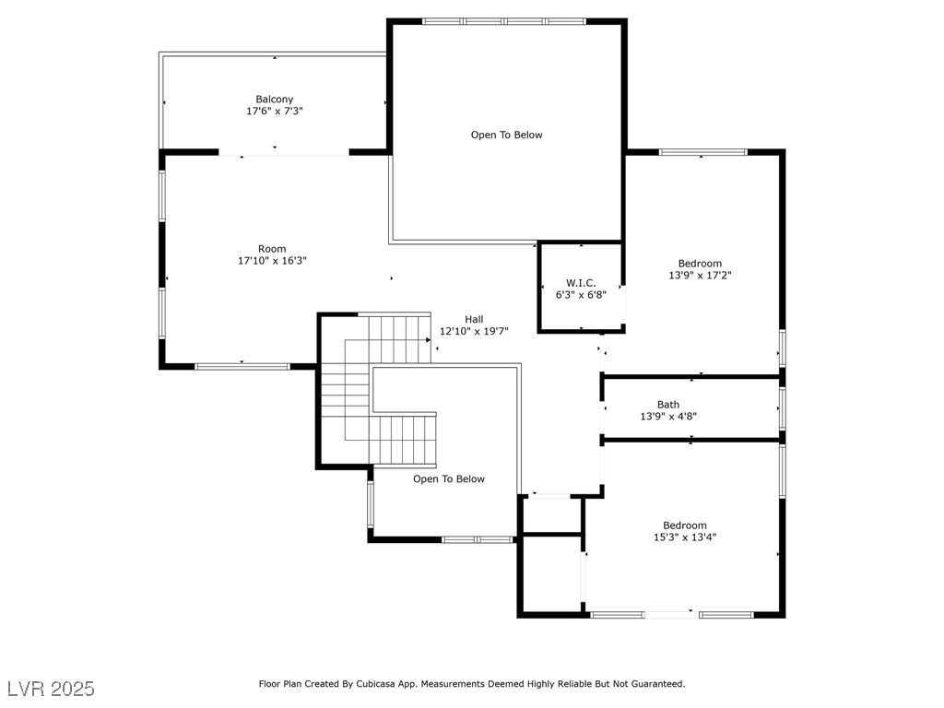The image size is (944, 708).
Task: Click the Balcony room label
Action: click(275, 99)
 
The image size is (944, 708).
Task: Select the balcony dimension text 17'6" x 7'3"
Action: click(275, 111)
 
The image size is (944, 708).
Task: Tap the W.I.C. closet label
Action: click(581, 283)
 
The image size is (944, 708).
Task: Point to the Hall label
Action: click(474, 319)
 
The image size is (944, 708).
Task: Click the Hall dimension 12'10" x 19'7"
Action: click(474, 331)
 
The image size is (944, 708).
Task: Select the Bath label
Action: click(668, 405)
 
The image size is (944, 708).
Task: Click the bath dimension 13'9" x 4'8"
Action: click(668, 417)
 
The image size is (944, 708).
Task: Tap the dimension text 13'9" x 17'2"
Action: click(700, 275)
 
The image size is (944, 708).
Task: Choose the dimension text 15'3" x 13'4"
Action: click(685, 537)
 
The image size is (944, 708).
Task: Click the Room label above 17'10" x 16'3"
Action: click(272, 249)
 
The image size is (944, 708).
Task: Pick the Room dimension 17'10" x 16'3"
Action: click(272, 261)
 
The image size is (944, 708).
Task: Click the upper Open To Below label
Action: click(507, 135)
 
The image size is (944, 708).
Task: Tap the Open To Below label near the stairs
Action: click(449, 478)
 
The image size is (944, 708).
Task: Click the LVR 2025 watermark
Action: click(51, 689)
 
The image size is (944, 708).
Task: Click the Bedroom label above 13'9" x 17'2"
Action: click(700, 263)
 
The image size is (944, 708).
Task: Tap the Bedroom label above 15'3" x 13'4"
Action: click(685, 525)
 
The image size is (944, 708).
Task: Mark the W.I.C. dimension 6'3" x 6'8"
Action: click(581, 295)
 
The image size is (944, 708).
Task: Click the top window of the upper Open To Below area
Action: click(504, 21)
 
